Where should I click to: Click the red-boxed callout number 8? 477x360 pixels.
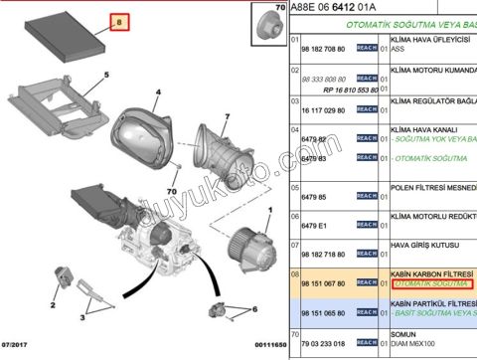pyautogui.click(x=121, y=20)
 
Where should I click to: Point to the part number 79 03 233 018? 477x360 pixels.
pyautogui.click(x=324, y=343)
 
